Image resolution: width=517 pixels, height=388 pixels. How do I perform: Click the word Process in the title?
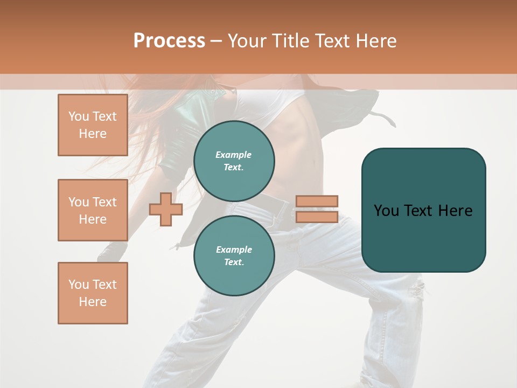(x=169, y=41)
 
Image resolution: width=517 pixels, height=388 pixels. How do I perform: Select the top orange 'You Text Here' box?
(x=93, y=125)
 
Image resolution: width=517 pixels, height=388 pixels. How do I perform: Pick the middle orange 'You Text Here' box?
(x=93, y=210)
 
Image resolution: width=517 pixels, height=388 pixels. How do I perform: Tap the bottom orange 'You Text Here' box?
(x=93, y=293)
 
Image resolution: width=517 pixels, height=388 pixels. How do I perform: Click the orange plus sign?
(x=166, y=209)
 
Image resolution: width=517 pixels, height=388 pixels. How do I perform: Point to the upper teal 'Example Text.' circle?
(x=234, y=161)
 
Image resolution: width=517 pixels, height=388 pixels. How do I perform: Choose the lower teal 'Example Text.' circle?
(x=234, y=255)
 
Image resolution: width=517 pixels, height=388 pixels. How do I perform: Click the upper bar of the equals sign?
(x=317, y=201)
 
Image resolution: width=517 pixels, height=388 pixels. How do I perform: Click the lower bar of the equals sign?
(x=317, y=217)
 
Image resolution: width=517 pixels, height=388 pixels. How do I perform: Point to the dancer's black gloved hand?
(x=112, y=251)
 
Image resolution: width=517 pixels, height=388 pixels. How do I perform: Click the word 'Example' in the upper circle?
(x=234, y=155)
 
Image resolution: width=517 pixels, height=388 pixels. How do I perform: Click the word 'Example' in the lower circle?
(x=234, y=250)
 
